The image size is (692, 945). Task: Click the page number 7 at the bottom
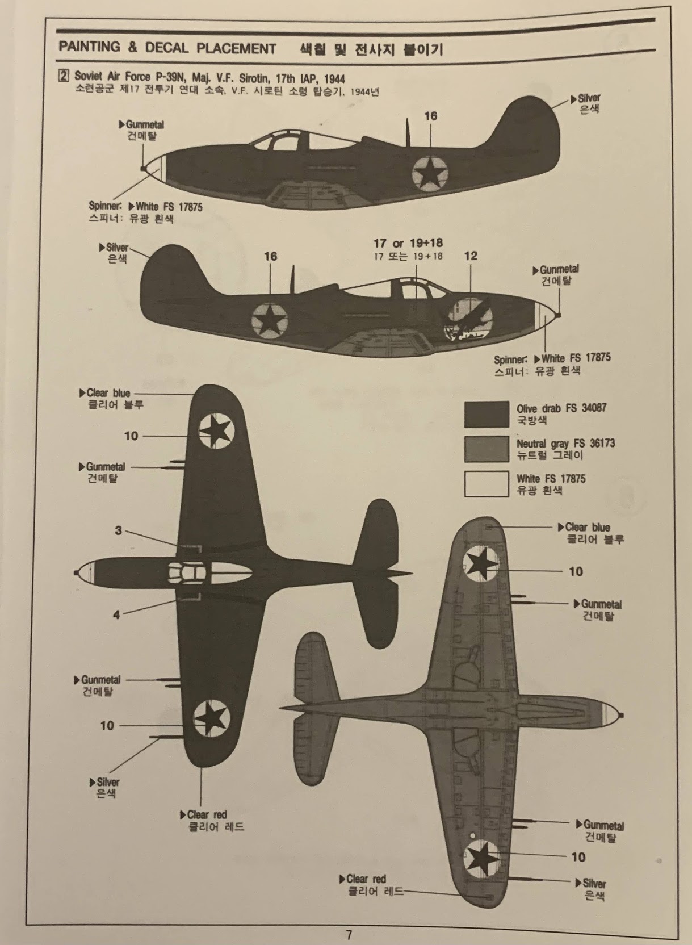tap(349, 934)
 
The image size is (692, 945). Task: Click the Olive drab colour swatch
tap(486, 414)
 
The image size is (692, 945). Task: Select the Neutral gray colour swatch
tap(486, 449)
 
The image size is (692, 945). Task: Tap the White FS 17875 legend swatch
tap(486, 484)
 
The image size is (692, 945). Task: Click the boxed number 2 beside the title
tap(64, 76)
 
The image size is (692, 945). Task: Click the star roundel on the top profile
tap(430, 171)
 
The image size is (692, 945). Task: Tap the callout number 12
tap(471, 256)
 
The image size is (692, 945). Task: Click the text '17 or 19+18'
tap(408, 243)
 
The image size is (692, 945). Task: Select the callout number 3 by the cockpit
tap(118, 530)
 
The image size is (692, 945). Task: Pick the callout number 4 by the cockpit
tap(116, 614)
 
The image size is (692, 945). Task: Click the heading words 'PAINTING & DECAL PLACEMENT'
tap(167, 48)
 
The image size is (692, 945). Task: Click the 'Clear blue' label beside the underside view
tap(587, 527)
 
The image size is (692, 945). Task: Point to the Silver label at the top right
tap(589, 98)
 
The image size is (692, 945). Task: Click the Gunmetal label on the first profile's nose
tap(145, 124)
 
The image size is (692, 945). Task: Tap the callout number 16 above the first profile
tap(431, 116)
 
